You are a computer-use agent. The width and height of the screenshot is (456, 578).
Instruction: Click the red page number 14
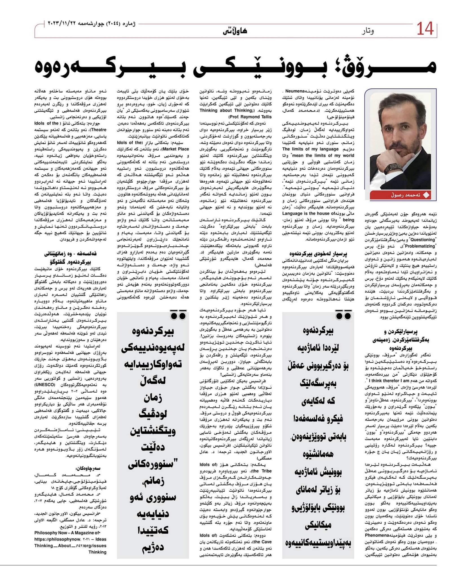(425, 29)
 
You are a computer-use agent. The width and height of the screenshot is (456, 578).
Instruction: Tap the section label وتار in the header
(368, 31)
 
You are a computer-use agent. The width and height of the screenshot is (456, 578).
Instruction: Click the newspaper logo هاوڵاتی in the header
(235, 31)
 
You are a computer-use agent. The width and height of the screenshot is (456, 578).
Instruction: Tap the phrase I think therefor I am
(394, 381)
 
